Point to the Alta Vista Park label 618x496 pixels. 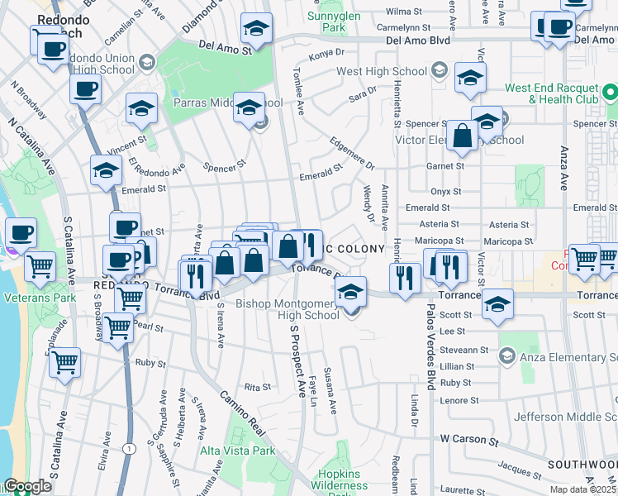click(x=237, y=451)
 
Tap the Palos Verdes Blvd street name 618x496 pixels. click(x=431, y=365)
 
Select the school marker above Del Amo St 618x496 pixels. click(x=257, y=31)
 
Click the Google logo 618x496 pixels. click(x=27, y=486)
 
